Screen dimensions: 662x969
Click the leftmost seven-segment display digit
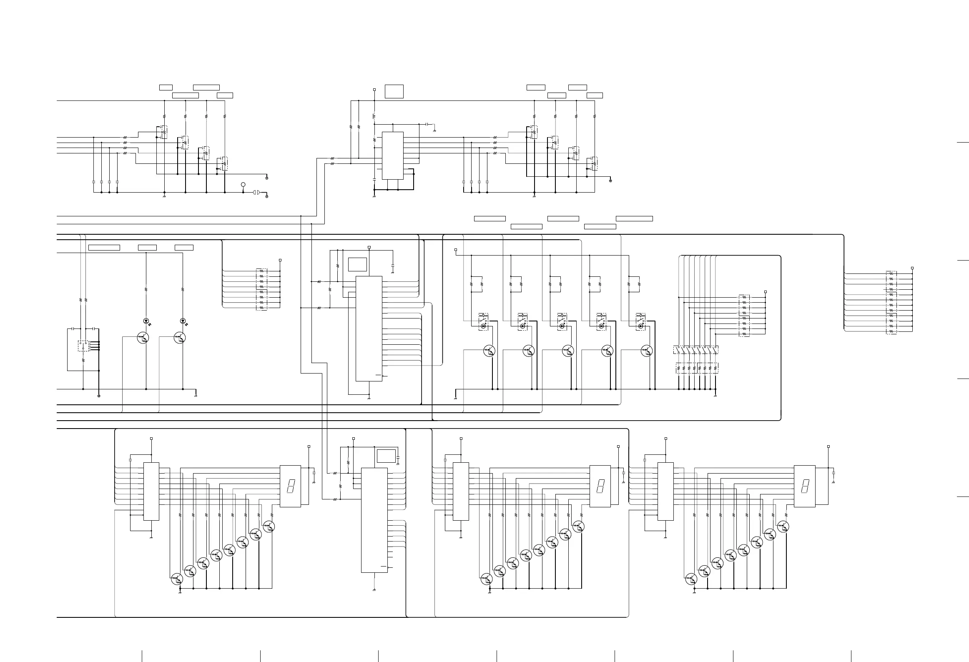[290, 486]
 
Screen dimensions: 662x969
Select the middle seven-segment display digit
[600, 486]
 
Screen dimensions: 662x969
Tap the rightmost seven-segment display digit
[804, 486]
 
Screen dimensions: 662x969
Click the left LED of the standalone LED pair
[146, 321]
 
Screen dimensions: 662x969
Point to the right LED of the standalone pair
[183, 321]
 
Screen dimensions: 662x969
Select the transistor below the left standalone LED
[143, 338]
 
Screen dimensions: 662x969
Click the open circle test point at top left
[244, 184]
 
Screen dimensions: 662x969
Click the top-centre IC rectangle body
[393, 155]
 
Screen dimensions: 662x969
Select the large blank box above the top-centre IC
[394, 91]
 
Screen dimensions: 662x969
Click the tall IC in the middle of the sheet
[369, 328]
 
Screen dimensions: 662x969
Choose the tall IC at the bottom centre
[374, 520]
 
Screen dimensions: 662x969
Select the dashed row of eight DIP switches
[695, 350]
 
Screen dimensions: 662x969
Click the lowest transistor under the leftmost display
[177, 578]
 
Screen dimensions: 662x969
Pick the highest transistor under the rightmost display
[783, 527]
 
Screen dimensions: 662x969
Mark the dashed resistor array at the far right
[891, 302]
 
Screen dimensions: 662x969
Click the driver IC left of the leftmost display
[151, 491]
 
